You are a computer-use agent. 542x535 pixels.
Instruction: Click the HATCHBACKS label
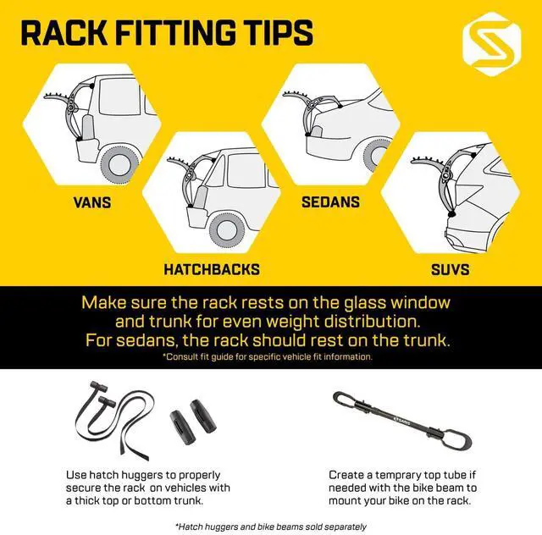(x=212, y=270)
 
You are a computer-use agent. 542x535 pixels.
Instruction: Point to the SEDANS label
(x=330, y=202)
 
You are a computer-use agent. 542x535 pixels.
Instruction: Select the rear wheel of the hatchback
(x=228, y=226)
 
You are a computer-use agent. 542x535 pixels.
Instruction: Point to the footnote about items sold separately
(x=271, y=526)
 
